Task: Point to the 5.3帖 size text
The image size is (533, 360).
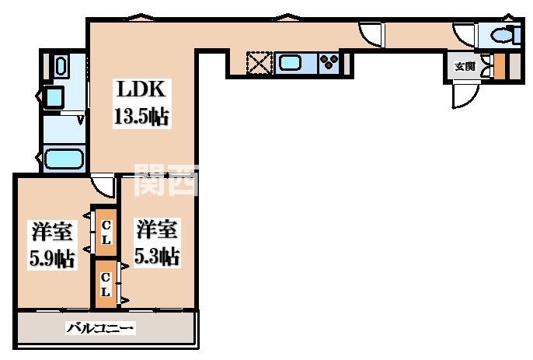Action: [x=159, y=257]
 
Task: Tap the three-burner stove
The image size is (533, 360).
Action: [x=329, y=62]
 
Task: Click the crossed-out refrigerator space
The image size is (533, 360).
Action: [x=258, y=63]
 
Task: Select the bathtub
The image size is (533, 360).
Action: [x=63, y=159]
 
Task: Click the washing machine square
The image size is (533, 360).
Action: [x=53, y=97]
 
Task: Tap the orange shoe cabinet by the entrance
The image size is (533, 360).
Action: [x=500, y=68]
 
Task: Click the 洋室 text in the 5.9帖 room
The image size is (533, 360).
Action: [x=52, y=232]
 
